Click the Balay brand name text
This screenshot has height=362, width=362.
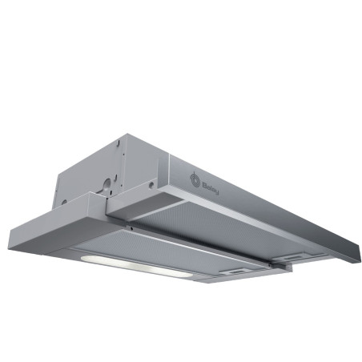[211, 189]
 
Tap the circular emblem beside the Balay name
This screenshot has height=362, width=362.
[195, 180]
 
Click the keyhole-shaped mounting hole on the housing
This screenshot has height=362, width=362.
[107, 185]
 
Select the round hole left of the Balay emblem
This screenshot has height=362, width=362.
[151, 184]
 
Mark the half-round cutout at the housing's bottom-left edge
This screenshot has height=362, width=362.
[64, 202]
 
